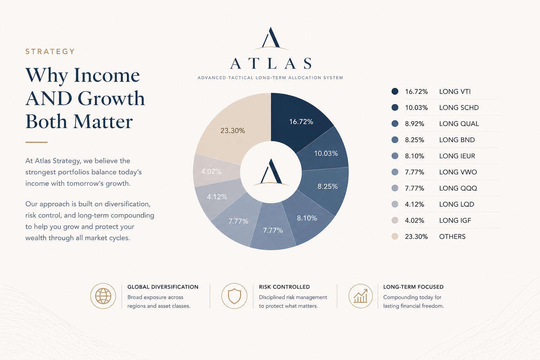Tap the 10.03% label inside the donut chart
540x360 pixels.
coord(326,153)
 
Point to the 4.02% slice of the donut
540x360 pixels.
coord(211,172)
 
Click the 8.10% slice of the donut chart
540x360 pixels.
coord(307,218)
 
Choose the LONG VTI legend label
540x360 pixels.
coord(455,91)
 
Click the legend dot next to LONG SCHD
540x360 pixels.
coord(395,108)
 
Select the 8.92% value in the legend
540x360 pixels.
coord(414,124)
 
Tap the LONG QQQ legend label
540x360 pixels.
coord(458,188)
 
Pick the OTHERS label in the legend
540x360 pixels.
coord(452,237)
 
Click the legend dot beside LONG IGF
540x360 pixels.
coord(395,220)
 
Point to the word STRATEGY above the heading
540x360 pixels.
coord(50,52)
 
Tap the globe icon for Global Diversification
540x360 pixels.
coord(103,296)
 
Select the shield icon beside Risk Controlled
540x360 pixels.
coord(234,296)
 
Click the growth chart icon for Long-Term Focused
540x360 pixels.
coord(360,296)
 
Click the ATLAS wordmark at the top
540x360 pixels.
coord(271,64)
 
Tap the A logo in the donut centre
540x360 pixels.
coord(271,172)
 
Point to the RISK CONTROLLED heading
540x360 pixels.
coord(284,287)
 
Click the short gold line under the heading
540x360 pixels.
coord(36,142)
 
